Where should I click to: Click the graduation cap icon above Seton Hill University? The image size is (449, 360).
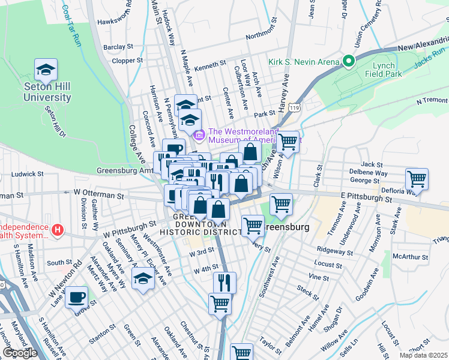[46, 71]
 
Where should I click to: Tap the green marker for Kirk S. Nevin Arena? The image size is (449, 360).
[348, 62]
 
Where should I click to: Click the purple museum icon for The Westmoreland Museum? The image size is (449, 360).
[200, 135]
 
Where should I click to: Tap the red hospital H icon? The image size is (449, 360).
[57, 229]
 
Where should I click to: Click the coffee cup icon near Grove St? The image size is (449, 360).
[76, 297]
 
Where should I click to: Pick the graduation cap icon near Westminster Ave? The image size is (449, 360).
[143, 278]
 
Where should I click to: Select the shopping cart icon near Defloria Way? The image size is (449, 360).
[417, 179]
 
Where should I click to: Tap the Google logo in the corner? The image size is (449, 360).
[20, 353]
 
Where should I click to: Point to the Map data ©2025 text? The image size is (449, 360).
[423, 355]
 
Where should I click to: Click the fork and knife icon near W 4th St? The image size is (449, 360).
[224, 282]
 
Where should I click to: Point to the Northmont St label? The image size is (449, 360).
[264, 34]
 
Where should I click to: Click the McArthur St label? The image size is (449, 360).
[410, 257]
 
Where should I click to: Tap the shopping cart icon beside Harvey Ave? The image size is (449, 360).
[288, 142]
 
